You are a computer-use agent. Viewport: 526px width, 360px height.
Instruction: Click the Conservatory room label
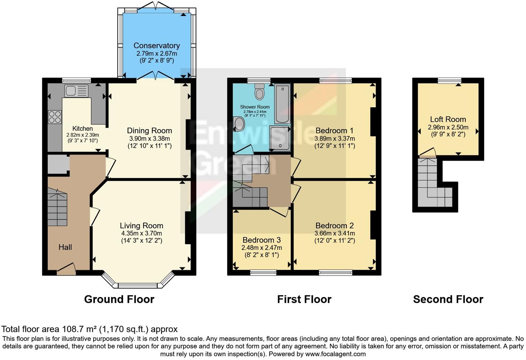pos(156,46)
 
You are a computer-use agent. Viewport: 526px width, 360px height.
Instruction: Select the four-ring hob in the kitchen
pos(55,117)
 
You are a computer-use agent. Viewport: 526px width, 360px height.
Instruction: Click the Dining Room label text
pos(149,131)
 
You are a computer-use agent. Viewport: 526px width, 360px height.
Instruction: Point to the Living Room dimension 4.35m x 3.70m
pos(141,233)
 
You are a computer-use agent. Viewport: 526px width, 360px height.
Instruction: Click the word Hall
pos(65,247)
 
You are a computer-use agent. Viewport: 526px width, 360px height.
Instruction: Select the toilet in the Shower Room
pos(259,91)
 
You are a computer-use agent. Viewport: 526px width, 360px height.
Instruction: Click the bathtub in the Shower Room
pos(282,104)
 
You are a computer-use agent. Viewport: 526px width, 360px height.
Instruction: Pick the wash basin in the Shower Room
pos(239,124)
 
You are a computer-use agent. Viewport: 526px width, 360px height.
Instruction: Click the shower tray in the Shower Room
pos(280,138)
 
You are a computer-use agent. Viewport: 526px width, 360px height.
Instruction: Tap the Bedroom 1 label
pos(334,131)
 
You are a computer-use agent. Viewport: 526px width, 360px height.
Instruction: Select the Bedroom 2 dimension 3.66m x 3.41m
pos(334,233)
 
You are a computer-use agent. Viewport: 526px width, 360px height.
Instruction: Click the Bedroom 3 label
pos(261,240)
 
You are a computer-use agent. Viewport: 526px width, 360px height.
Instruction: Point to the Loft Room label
pos(448,119)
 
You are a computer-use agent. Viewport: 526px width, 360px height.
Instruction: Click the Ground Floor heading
pos(119,299)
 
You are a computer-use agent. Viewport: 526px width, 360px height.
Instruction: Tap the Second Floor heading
pos(448,299)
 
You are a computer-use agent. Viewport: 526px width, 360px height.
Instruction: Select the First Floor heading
pos(304,299)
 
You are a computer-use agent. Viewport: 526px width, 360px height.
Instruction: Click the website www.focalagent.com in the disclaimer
pos(335,354)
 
